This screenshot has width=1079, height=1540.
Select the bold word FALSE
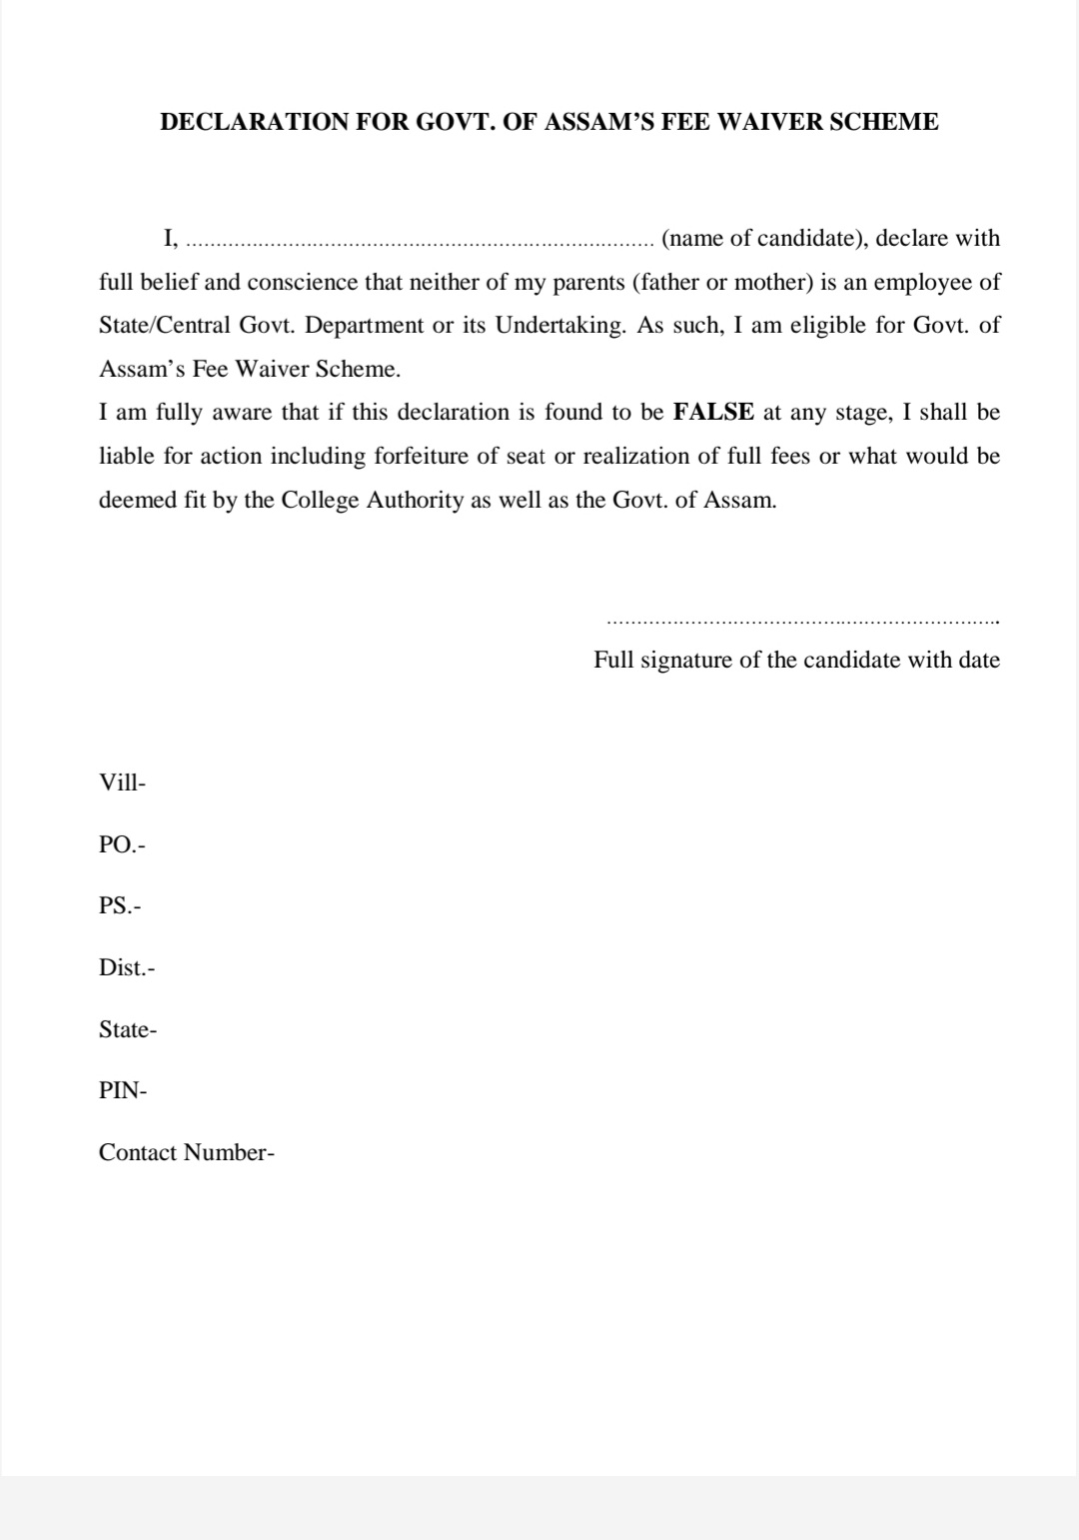[713, 413]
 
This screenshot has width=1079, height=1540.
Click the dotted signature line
[802, 623]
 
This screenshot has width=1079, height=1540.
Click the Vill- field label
[122, 782]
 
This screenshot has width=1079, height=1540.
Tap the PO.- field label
[122, 844]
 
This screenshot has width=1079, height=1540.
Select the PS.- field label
[120, 906]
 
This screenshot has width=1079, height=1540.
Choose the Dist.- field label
[127, 967]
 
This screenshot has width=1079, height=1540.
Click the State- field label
[128, 1029]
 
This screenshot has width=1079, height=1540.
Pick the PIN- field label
[123, 1090]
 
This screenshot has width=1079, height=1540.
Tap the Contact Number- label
[187, 1152]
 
